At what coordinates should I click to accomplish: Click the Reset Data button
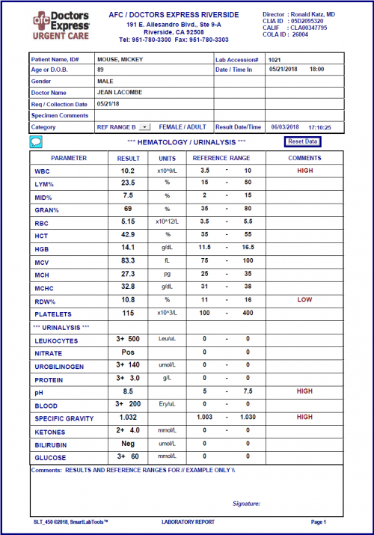click(303, 141)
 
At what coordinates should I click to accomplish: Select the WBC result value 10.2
click(128, 171)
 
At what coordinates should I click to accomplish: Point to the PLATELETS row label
click(52, 313)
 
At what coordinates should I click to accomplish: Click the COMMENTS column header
click(304, 158)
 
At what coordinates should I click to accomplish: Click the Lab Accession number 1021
click(275, 58)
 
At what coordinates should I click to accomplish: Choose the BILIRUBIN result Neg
click(128, 443)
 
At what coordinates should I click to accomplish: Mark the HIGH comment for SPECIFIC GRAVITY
click(304, 417)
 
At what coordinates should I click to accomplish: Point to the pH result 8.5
click(128, 391)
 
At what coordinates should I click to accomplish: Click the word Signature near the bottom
click(246, 504)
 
